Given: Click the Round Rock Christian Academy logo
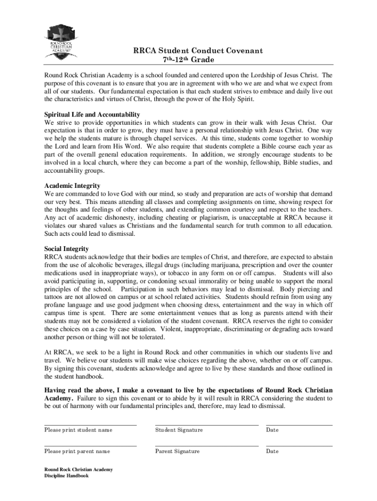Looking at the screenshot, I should (62, 42).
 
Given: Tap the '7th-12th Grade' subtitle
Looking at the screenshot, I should (188, 60).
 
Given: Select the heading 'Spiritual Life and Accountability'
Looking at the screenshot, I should (92, 114).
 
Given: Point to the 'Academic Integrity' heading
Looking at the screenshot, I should (72, 186).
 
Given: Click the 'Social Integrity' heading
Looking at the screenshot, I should (67, 249).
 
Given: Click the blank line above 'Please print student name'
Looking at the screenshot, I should (91, 425).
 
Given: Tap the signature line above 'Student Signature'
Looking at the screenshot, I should (207, 425).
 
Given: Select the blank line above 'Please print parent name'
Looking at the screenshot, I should (91, 446).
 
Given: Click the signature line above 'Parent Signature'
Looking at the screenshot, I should (207, 446).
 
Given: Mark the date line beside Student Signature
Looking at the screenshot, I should (299, 425).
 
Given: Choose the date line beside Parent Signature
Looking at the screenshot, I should (299, 446).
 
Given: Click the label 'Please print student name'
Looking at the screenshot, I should (78, 430).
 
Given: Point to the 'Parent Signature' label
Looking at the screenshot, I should (177, 451).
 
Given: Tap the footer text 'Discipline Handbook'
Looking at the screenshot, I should (67, 476).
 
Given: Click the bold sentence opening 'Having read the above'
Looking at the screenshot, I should (188, 390).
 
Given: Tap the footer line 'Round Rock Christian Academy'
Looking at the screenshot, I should (78, 470).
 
